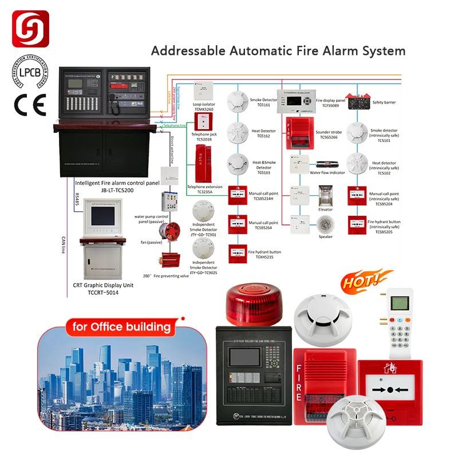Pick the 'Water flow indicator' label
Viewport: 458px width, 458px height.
(327, 172)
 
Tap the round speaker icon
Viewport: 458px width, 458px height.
(325, 224)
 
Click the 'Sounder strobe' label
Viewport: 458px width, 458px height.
(329, 135)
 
